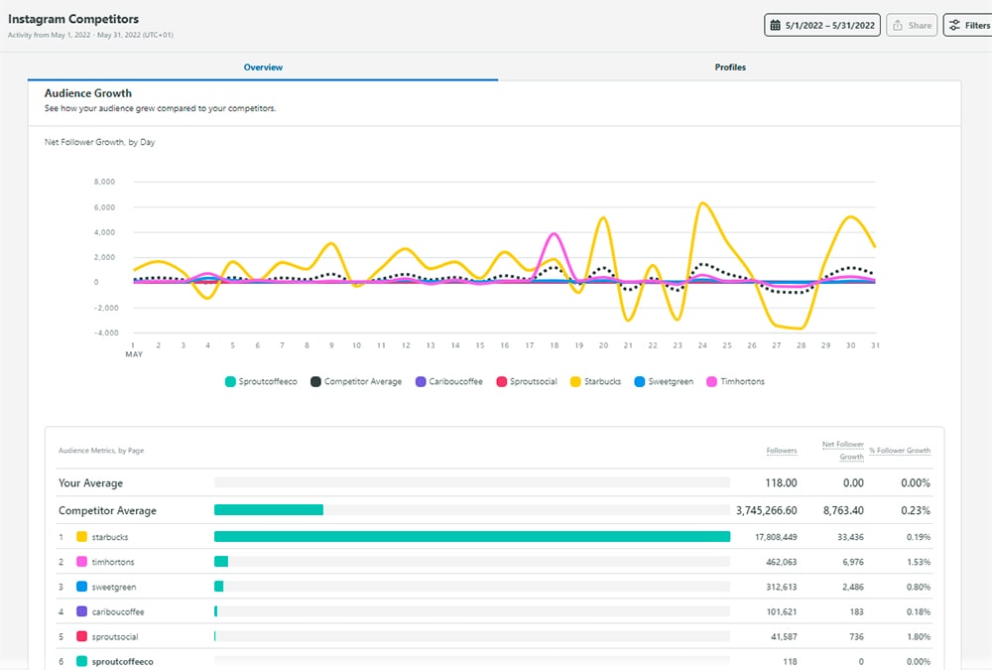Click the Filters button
tap(968, 26)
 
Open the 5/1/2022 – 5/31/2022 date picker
tap(821, 26)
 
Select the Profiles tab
tap(730, 67)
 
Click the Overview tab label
tap(263, 67)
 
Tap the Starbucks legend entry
tap(595, 381)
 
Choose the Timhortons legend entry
tap(735, 381)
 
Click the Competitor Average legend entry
tap(356, 381)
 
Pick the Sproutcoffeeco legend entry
tap(261, 381)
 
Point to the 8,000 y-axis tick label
tap(104, 182)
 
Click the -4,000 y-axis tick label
tap(104, 333)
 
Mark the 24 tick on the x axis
tap(702, 345)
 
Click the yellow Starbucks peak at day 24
tap(702, 203)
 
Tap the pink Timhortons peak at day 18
tap(555, 234)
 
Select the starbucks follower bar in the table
tap(472, 536)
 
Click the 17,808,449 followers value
tap(776, 537)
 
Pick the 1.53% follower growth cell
tap(918, 562)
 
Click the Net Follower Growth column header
tap(842, 451)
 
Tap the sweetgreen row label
tap(114, 587)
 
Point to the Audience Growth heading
tap(88, 93)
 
